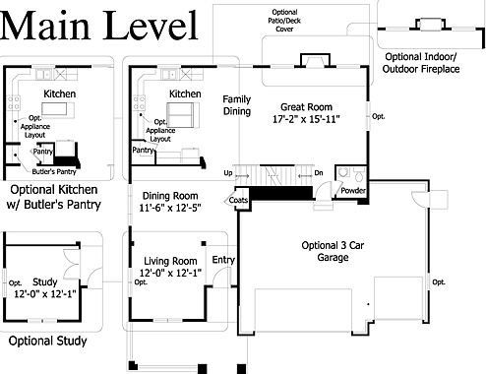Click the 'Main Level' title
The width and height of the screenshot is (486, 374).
[x=99, y=26]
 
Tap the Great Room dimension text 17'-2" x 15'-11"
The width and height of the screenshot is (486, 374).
[x=306, y=119]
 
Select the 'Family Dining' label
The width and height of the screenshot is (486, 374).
[x=237, y=105]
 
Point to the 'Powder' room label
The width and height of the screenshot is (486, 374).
[x=353, y=190]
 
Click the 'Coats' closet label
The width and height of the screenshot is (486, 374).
[x=238, y=200]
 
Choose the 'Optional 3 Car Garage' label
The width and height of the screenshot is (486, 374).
[x=333, y=251]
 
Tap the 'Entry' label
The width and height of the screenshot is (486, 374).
[x=223, y=260]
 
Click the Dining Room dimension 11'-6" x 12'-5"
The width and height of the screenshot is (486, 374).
[x=170, y=208]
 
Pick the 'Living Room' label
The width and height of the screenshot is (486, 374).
[x=170, y=261]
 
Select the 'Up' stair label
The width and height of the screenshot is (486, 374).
[x=228, y=173]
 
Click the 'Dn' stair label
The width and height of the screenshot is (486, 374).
[x=319, y=172]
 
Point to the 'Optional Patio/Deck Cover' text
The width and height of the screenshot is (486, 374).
[x=284, y=21]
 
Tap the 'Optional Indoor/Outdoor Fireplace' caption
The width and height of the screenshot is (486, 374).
[x=421, y=63]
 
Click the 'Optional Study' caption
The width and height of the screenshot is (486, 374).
[x=47, y=341]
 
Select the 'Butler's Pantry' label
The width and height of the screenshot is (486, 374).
[x=54, y=171]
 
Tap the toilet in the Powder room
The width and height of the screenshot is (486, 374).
[x=359, y=175]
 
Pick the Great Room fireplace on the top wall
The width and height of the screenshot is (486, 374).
[x=315, y=60]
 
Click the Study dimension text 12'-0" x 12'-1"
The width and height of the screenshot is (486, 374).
[x=45, y=293]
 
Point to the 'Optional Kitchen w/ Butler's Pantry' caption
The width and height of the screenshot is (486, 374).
[x=54, y=197]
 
